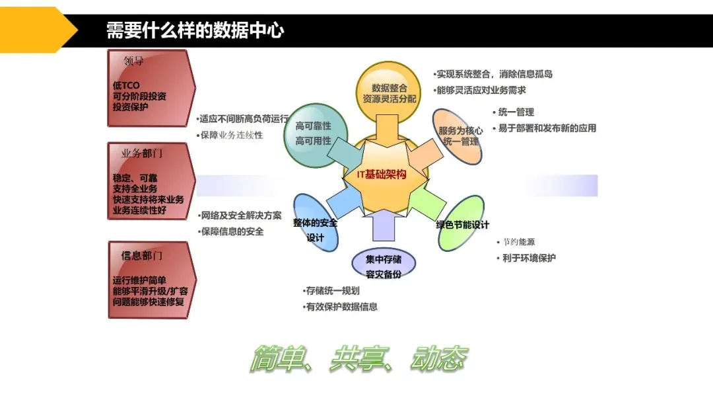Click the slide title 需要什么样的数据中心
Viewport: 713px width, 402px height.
click(195, 30)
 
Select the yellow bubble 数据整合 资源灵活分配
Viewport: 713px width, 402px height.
click(389, 93)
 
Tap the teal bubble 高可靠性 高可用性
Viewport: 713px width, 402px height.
click(313, 133)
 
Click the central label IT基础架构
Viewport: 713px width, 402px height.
click(381, 175)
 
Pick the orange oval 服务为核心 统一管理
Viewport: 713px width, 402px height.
click(460, 136)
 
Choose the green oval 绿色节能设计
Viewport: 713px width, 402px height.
click(462, 225)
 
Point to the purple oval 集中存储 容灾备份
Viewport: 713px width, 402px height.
click(384, 266)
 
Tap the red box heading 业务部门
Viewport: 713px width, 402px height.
click(141, 153)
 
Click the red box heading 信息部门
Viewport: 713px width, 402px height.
click(141, 255)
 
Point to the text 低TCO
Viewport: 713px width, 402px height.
click(126, 85)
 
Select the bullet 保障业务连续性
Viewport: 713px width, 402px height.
click(232, 136)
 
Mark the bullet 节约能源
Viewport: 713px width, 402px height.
click(518, 242)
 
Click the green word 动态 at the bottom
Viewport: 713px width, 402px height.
click(439, 359)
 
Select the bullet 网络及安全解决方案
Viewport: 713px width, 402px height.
click(241, 216)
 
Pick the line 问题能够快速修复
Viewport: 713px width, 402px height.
click(149, 301)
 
